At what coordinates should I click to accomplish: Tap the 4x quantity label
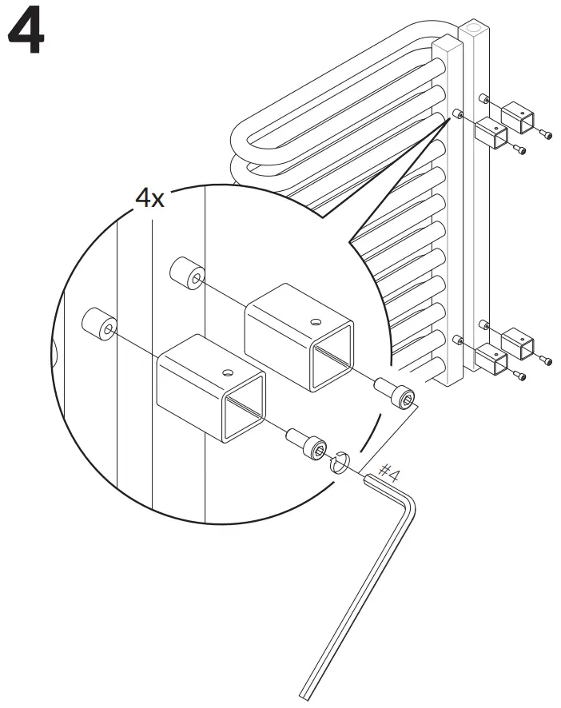click(149, 197)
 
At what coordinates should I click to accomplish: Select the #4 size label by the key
click(389, 472)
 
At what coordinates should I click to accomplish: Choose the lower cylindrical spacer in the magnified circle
click(99, 324)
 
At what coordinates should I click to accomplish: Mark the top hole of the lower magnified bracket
click(229, 371)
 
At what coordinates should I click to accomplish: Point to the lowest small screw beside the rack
click(519, 376)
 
